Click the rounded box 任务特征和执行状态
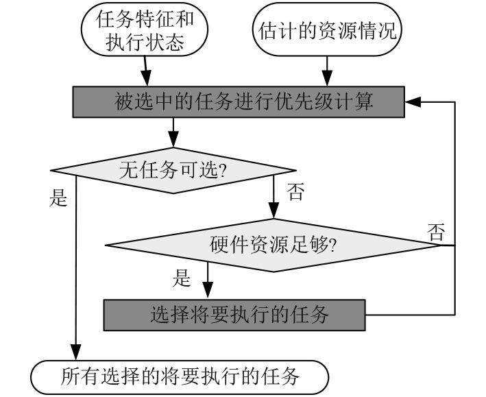pos(145,29)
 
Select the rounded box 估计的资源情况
pos(327,29)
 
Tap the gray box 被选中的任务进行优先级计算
pos(239,101)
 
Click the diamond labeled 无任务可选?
pos(173,170)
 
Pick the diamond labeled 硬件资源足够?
pos(273,245)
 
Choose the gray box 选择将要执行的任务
pos(234,315)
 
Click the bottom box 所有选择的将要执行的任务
pos(180,377)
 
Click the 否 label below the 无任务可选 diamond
pos(295,191)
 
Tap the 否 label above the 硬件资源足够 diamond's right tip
pos(436,232)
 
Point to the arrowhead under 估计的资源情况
pos(327,78)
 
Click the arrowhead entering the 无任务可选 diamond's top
pos(173,139)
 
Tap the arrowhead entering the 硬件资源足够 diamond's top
pos(274,210)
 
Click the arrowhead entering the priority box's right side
pos(413,101)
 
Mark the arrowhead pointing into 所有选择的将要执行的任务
pos(75,352)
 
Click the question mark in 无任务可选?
pos(222,170)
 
